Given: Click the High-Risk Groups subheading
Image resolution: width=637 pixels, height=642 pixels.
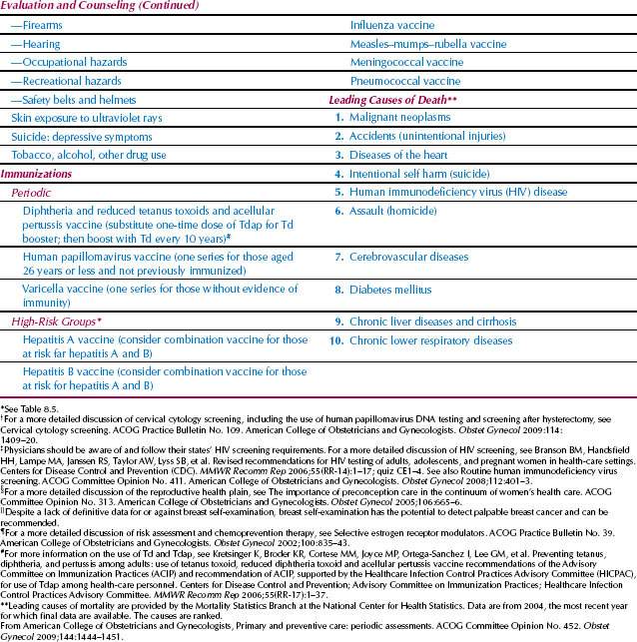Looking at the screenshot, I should click(70, 322).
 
